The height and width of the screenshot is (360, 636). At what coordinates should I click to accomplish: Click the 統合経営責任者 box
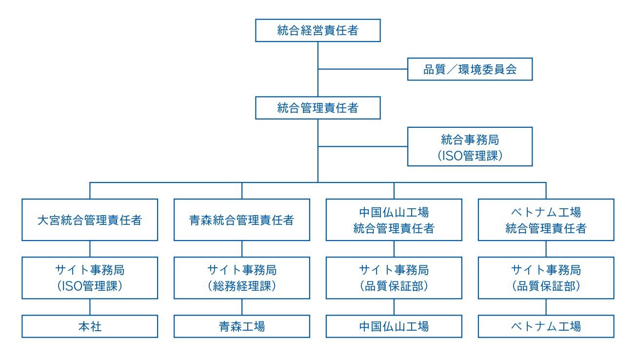(x=318, y=31)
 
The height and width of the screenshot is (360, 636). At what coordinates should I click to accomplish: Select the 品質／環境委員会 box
(x=470, y=69)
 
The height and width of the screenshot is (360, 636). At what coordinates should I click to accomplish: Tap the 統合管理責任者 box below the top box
(x=318, y=108)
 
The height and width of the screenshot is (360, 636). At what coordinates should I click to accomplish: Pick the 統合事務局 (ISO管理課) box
(x=470, y=147)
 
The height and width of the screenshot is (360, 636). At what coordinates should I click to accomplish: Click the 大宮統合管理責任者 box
(x=90, y=220)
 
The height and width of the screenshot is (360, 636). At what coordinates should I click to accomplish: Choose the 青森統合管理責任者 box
(x=242, y=220)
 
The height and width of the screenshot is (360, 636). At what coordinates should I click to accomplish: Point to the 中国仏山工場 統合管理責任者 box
(x=394, y=220)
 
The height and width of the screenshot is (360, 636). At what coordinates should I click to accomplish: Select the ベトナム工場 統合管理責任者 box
(x=546, y=220)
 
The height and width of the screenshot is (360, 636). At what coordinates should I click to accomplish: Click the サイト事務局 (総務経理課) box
(x=242, y=278)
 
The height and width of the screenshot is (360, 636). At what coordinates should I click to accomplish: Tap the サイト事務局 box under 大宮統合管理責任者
(x=90, y=278)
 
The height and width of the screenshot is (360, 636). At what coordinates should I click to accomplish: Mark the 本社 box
(x=90, y=326)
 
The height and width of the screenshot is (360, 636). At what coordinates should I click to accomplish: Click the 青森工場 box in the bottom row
(x=242, y=326)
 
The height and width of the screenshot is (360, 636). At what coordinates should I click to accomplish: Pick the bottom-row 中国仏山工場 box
(x=394, y=326)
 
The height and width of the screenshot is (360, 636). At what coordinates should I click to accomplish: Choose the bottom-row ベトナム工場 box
(x=546, y=326)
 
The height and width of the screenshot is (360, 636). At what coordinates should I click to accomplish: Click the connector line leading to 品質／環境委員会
(x=363, y=69)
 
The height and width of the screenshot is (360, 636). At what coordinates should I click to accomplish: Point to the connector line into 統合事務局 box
(x=363, y=146)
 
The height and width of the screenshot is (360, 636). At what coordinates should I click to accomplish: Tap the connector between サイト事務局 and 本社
(x=90, y=307)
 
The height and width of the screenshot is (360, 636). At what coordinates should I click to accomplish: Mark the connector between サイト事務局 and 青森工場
(x=242, y=307)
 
